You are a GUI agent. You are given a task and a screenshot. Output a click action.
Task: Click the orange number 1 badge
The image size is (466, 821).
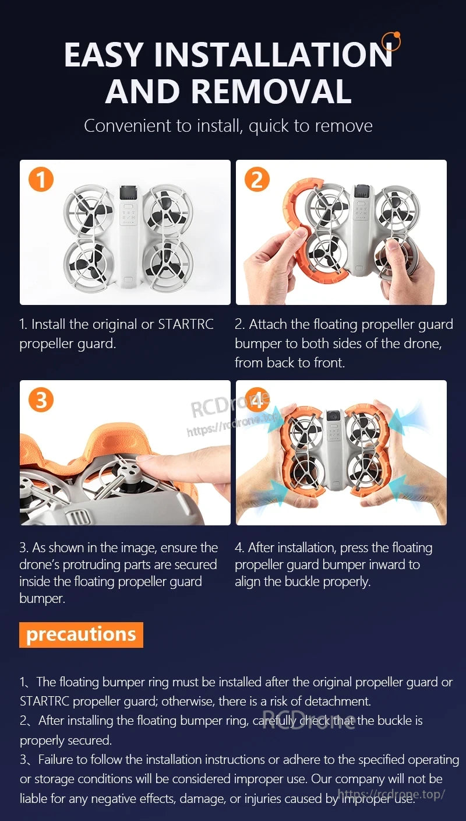pos(41,180)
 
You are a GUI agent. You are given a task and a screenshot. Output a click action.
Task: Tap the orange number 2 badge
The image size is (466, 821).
pos(257,180)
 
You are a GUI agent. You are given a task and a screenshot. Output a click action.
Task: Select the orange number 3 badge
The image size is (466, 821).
pos(41,400)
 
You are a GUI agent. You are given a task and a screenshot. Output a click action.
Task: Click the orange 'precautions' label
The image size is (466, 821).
pos(81,634)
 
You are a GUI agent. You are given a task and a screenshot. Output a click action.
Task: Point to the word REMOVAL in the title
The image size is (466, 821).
pos(271,92)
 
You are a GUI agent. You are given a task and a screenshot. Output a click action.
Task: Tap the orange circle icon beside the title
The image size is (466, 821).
pos(391,41)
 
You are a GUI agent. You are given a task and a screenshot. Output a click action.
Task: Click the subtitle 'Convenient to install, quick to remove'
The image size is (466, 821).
pos(228,126)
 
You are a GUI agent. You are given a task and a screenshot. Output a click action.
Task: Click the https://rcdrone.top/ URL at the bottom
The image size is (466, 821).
pos(391,794)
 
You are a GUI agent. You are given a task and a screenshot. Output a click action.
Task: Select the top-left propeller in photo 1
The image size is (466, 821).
pos(88,216)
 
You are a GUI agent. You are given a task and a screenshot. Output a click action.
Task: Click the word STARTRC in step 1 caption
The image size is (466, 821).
pos(186,325)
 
